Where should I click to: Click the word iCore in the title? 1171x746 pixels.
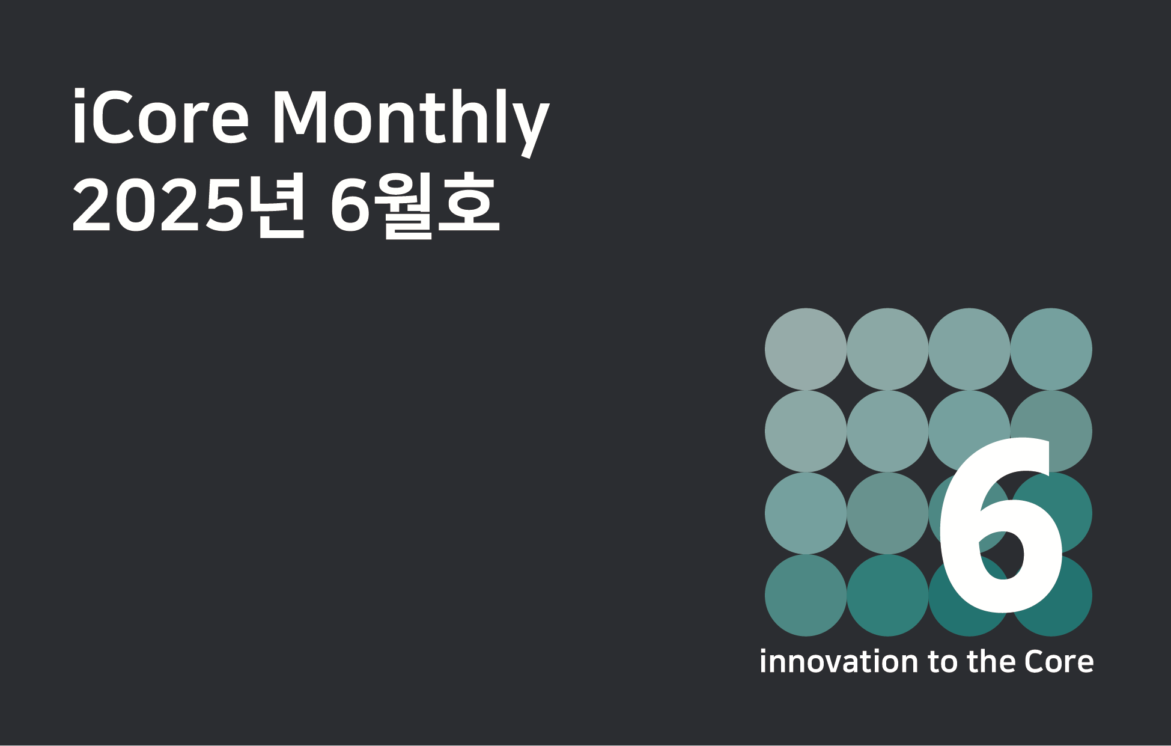tap(160, 117)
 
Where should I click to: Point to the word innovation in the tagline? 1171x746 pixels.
tap(839, 661)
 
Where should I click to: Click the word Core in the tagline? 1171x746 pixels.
tap(1059, 661)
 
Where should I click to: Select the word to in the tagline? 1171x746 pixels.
tap(943, 662)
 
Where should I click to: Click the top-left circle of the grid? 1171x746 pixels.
tap(806, 349)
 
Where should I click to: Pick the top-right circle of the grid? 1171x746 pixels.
tap(1051, 349)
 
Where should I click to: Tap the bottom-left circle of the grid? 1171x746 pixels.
tap(806, 595)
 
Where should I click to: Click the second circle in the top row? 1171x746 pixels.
tap(887, 349)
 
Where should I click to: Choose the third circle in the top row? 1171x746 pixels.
tap(969, 349)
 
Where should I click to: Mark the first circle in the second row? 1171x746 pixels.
tap(806, 431)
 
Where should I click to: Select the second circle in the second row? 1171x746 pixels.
tap(887, 431)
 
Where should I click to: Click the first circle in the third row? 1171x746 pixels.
tap(806, 513)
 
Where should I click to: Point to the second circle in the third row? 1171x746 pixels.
tap(887, 513)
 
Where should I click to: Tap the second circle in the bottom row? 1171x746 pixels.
tap(887, 595)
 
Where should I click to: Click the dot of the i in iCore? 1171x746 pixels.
tap(79, 94)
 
